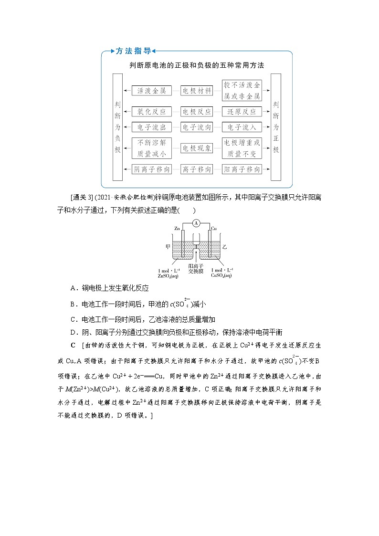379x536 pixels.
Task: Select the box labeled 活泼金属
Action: (x=151, y=90)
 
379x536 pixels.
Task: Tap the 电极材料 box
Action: (x=197, y=90)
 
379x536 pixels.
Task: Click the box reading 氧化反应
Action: (x=151, y=112)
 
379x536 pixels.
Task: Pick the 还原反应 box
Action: (x=242, y=112)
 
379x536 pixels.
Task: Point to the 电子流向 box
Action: (x=197, y=127)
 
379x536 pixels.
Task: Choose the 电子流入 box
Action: (x=242, y=127)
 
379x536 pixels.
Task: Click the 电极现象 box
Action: (x=197, y=148)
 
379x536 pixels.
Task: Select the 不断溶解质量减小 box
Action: (x=151, y=148)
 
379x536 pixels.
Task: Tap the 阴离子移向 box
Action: (x=151, y=169)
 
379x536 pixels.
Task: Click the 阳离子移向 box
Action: (x=242, y=169)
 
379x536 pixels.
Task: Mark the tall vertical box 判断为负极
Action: (x=117, y=127)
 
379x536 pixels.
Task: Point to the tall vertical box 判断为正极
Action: (x=276, y=127)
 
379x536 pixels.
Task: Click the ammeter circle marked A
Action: (x=196, y=223)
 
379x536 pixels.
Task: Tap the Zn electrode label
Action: (x=177, y=229)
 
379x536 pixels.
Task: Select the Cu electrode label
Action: (x=213, y=229)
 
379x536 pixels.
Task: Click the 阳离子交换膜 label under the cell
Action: (x=196, y=268)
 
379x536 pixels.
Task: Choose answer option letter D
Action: (x=73, y=332)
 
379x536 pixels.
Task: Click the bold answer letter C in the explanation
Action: (x=73, y=345)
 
